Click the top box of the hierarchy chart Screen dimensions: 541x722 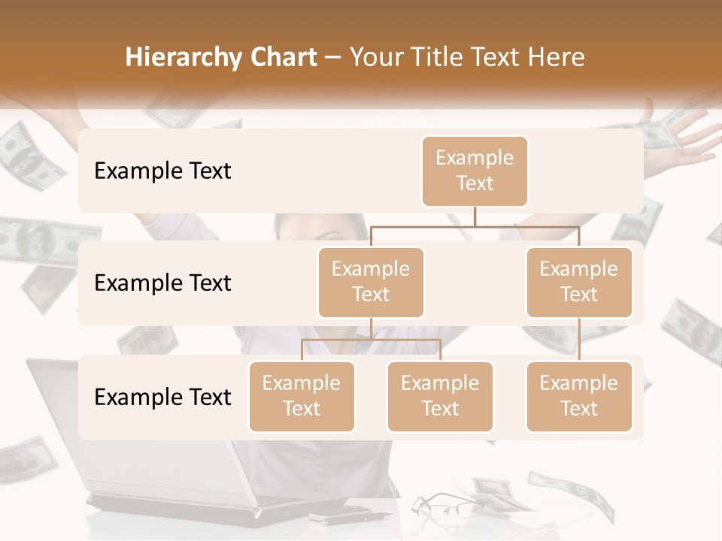[x=475, y=171]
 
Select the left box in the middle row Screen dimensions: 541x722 [x=371, y=282]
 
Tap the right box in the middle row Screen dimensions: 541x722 [x=579, y=282]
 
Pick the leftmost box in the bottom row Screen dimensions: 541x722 [x=302, y=396]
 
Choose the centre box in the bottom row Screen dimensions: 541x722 [x=440, y=396]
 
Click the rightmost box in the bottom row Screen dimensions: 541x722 [x=579, y=396]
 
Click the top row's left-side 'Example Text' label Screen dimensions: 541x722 [x=162, y=171]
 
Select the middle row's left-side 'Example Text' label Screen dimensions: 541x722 [x=162, y=283]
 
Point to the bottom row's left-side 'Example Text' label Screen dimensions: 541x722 [x=162, y=397]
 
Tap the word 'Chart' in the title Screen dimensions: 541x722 [x=280, y=57]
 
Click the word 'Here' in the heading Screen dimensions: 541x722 [x=557, y=57]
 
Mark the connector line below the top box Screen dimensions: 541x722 [x=475, y=216]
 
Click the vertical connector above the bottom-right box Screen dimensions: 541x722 [x=579, y=339]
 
